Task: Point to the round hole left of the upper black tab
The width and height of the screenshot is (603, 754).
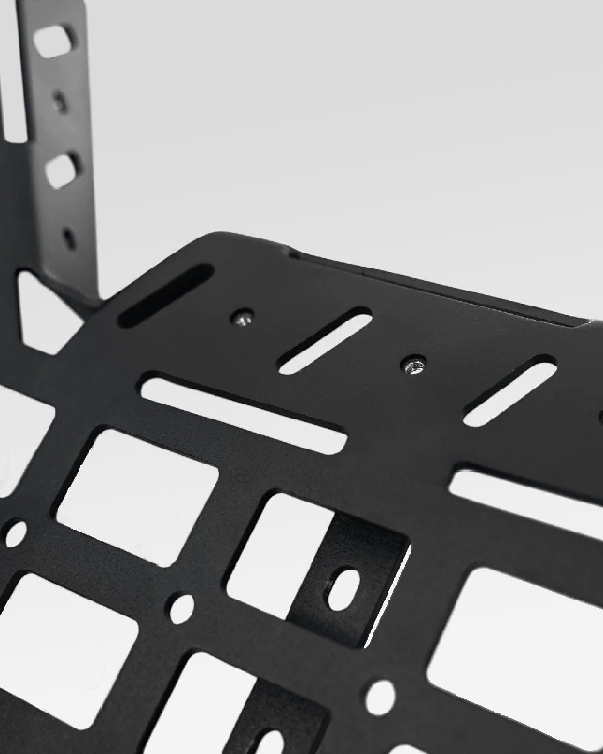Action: (x=181, y=607)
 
